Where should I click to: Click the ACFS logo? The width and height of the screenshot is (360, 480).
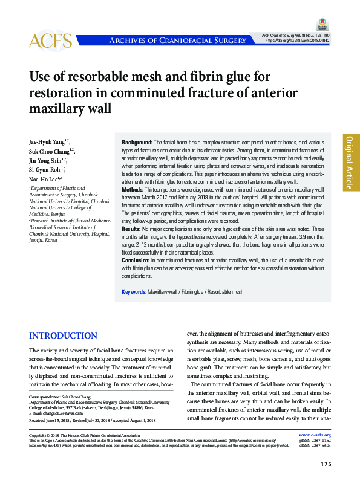click(50, 41)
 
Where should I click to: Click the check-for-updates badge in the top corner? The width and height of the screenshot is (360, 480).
click(321, 25)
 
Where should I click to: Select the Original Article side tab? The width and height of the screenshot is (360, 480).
click(350, 161)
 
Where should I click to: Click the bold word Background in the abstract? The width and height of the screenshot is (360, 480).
click(137, 141)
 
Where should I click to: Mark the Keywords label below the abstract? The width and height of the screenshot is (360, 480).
click(134, 291)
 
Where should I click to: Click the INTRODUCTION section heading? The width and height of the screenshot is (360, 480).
click(64, 336)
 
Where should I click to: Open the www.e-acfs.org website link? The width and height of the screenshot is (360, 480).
click(315, 435)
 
